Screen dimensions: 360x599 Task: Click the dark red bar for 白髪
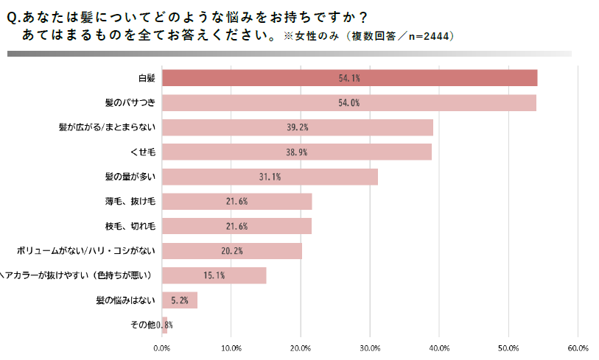pos(349,78)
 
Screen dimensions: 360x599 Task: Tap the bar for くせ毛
pos(296,152)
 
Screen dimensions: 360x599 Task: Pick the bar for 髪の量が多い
pos(270,177)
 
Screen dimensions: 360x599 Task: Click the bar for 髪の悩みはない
pos(179,300)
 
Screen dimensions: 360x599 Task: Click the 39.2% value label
pos(297,127)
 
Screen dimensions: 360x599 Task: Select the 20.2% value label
pos(231,251)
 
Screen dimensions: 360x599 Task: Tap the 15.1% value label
pos(214,275)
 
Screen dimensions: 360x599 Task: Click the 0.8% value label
pos(165,325)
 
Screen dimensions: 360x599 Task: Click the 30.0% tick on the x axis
pos(370,347)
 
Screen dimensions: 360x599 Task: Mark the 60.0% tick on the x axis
pos(578,347)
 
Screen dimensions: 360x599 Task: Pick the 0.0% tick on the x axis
pos(161,347)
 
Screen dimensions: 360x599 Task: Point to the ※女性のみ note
pos(310,36)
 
